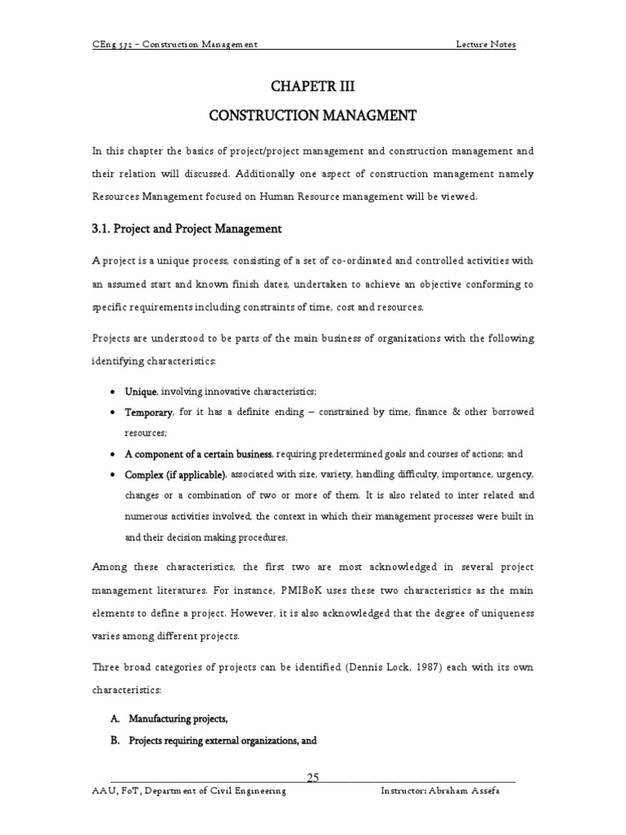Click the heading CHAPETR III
(313, 86)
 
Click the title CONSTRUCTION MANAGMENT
(313, 117)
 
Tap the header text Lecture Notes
(485, 44)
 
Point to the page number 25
(312, 777)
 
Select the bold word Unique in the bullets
(140, 391)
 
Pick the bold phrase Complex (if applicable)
(174, 474)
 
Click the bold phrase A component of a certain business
(200, 453)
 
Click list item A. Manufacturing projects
(168, 719)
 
